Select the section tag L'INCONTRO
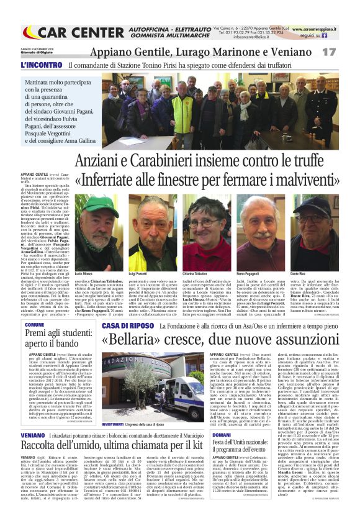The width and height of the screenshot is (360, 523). [x=41, y=64]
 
